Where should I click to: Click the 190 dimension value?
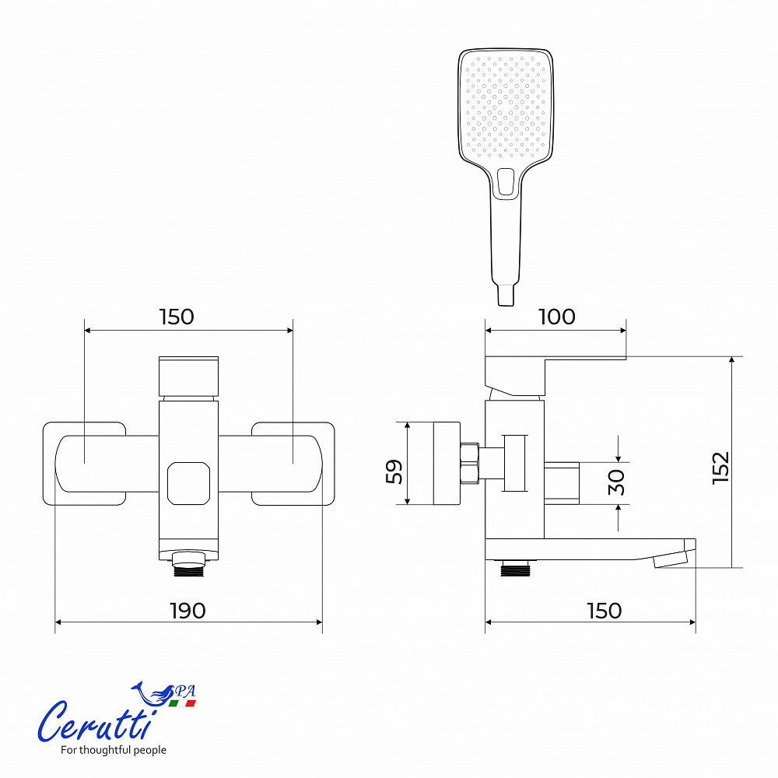(x=187, y=611)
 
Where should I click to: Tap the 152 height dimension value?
(x=720, y=468)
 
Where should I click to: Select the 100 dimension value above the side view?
(x=557, y=317)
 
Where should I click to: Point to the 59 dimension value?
(x=394, y=471)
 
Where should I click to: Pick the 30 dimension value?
(x=616, y=482)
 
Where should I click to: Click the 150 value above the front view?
(x=177, y=317)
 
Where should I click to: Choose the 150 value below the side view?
(x=605, y=611)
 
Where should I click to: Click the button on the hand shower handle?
(x=506, y=181)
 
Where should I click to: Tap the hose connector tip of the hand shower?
(x=506, y=295)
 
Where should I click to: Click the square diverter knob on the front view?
(x=188, y=483)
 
